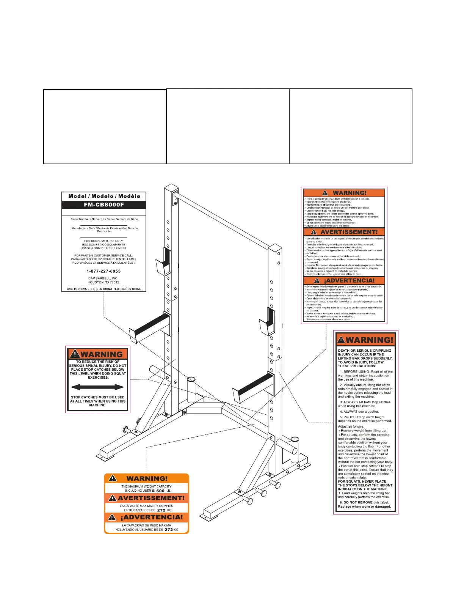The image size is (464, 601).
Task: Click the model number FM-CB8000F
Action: [x=103, y=205]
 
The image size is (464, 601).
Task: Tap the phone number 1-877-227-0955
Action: [x=103, y=271]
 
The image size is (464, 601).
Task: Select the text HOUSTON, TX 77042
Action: [x=103, y=282]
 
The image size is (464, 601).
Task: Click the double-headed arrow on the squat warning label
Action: [x=97, y=387]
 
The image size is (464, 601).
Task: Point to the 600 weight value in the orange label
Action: [x=160, y=491]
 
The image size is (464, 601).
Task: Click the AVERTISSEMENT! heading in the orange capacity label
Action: [x=151, y=498]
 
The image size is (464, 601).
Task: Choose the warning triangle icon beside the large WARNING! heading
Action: [x=341, y=340]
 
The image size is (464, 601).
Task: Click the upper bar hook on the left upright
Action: [x=164, y=262]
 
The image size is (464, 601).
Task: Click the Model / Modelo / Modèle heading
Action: [x=104, y=197]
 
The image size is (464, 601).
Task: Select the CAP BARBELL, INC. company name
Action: [x=103, y=278]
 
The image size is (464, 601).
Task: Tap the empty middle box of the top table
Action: [x=227, y=126]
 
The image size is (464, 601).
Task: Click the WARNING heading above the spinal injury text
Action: [x=101, y=354]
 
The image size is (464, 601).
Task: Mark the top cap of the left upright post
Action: [x=171, y=188]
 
